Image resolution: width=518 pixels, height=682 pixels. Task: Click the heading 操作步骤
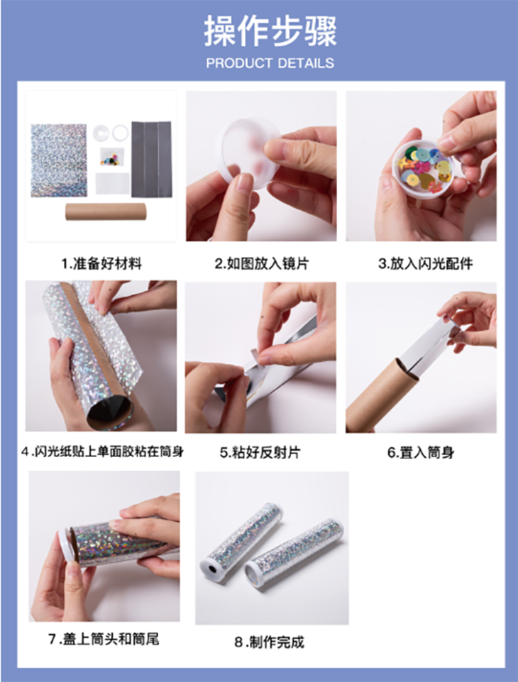270,31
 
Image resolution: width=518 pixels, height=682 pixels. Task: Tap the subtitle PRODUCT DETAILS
270,63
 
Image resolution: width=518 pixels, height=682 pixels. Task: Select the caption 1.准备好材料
101,263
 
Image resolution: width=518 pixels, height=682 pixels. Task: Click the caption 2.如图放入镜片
261,263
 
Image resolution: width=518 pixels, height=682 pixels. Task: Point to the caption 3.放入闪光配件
425,263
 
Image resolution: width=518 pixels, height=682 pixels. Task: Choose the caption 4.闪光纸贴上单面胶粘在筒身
103,452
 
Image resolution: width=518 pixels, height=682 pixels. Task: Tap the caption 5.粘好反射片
260,453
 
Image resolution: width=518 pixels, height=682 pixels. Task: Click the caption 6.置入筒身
421,453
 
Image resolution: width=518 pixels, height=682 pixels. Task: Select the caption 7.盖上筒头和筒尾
104,639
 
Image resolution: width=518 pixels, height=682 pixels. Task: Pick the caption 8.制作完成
269,642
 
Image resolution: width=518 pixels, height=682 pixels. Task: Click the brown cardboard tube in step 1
105,211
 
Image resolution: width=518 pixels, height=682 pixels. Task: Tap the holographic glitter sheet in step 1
59,160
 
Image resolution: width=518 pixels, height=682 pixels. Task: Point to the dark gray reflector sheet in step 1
151,159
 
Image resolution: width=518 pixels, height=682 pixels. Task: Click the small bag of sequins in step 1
112,157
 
